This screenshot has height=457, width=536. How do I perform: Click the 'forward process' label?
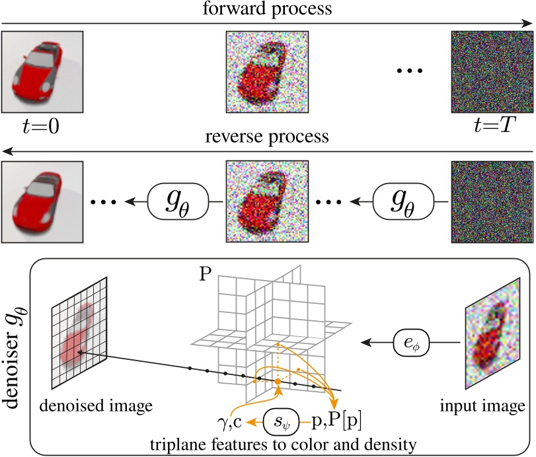(268, 11)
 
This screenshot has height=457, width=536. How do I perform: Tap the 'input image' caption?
(490, 404)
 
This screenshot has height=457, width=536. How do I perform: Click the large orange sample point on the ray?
(278, 382)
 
